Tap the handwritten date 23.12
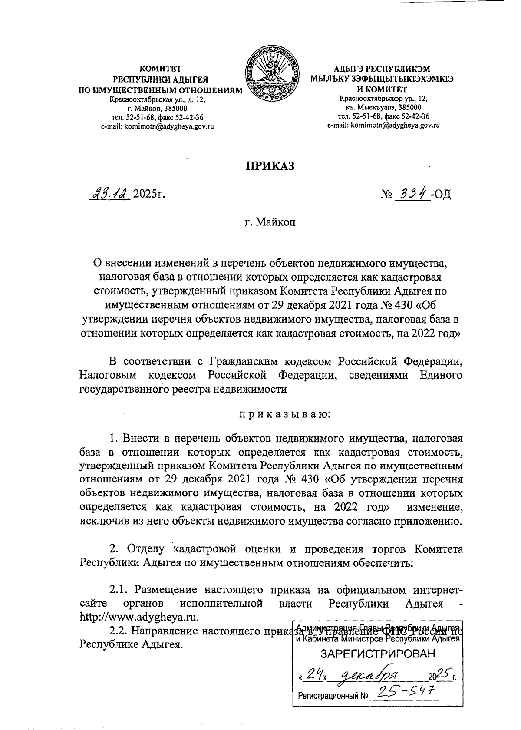pos(109,194)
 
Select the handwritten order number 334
pos(411,194)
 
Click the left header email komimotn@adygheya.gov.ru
pos(157,126)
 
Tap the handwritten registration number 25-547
pos(406,692)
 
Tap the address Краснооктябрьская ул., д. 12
pos(157,100)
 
